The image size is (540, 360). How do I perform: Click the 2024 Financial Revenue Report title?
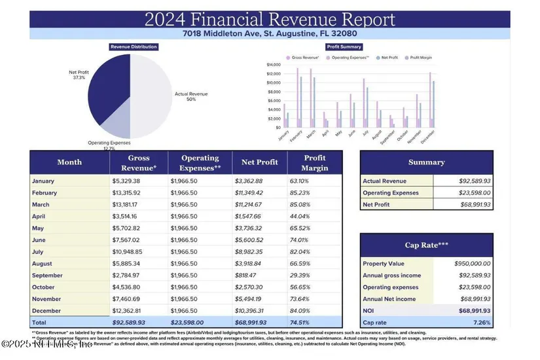coord(270,19)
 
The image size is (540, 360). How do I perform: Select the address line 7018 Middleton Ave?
coord(270,33)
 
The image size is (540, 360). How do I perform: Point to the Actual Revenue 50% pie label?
coord(191,97)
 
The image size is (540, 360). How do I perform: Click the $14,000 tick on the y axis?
coord(274,65)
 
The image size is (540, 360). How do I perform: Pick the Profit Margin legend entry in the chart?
coord(419,58)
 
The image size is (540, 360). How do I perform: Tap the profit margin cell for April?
coord(298,217)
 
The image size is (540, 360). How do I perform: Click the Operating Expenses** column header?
coord(200,162)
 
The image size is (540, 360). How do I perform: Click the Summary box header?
coord(426,162)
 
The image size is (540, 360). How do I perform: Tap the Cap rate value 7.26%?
coord(480,323)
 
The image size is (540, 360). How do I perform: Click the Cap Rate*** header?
coord(426,245)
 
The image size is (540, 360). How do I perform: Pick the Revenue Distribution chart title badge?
coord(134,47)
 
